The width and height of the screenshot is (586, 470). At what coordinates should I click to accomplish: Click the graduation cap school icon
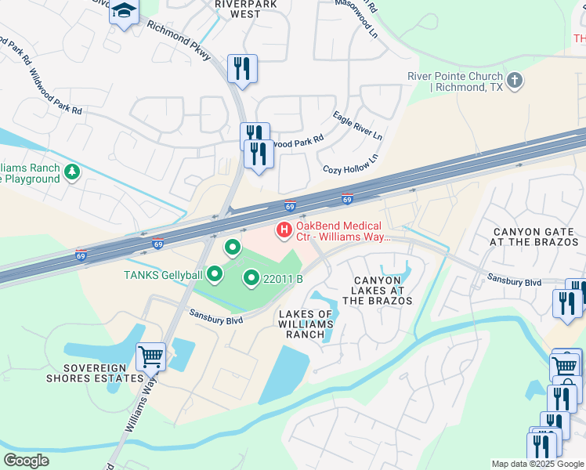click(x=124, y=13)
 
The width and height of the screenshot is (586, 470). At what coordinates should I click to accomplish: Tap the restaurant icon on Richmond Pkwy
click(x=242, y=68)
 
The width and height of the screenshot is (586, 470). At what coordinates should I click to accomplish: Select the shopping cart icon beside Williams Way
click(x=150, y=356)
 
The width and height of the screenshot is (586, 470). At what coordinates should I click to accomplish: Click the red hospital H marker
click(x=284, y=230)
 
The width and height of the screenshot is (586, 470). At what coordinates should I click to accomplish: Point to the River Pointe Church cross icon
click(x=515, y=81)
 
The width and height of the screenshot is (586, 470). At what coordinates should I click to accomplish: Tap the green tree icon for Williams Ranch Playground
click(x=72, y=172)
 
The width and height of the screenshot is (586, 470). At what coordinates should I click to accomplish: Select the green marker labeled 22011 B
click(x=251, y=277)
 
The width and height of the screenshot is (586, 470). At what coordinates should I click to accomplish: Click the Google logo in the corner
click(x=27, y=460)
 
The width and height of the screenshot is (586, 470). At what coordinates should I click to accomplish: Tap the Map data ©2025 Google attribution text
click(x=537, y=464)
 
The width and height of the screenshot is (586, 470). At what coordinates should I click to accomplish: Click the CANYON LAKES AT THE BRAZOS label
click(x=383, y=291)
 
